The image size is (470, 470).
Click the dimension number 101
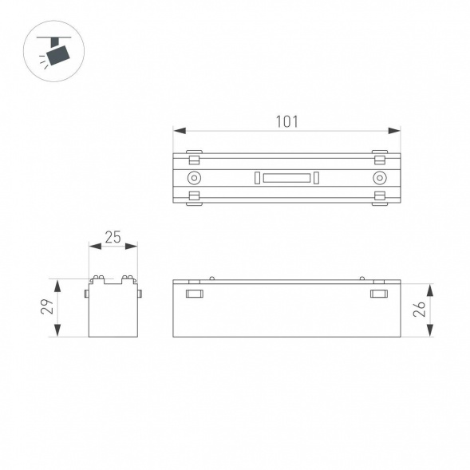click(x=286, y=121)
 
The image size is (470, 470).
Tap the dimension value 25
click(x=113, y=237)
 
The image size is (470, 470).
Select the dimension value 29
click(x=47, y=307)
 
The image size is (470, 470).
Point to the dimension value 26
click(x=420, y=310)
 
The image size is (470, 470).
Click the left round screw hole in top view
click(x=194, y=177)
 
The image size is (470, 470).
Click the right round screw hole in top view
click(x=380, y=177)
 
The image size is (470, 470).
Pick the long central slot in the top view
click(x=287, y=177)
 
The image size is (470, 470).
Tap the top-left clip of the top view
click(x=194, y=152)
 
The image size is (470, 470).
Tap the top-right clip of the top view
click(x=380, y=152)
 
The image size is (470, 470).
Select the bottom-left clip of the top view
click(x=194, y=197)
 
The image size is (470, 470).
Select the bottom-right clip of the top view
click(x=380, y=197)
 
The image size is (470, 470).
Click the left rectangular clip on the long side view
click(x=194, y=295)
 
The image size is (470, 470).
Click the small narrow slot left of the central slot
click(x=257, y=177)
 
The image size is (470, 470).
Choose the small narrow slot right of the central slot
click(x=317, y=177)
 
